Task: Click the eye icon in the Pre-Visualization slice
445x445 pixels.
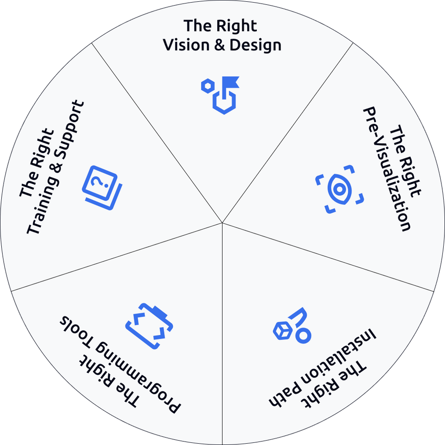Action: (339, 189)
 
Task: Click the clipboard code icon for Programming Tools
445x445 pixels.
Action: (149, 326)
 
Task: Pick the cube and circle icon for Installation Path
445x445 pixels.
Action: (292, 326)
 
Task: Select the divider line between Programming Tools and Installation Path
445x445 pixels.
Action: (222, 334)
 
